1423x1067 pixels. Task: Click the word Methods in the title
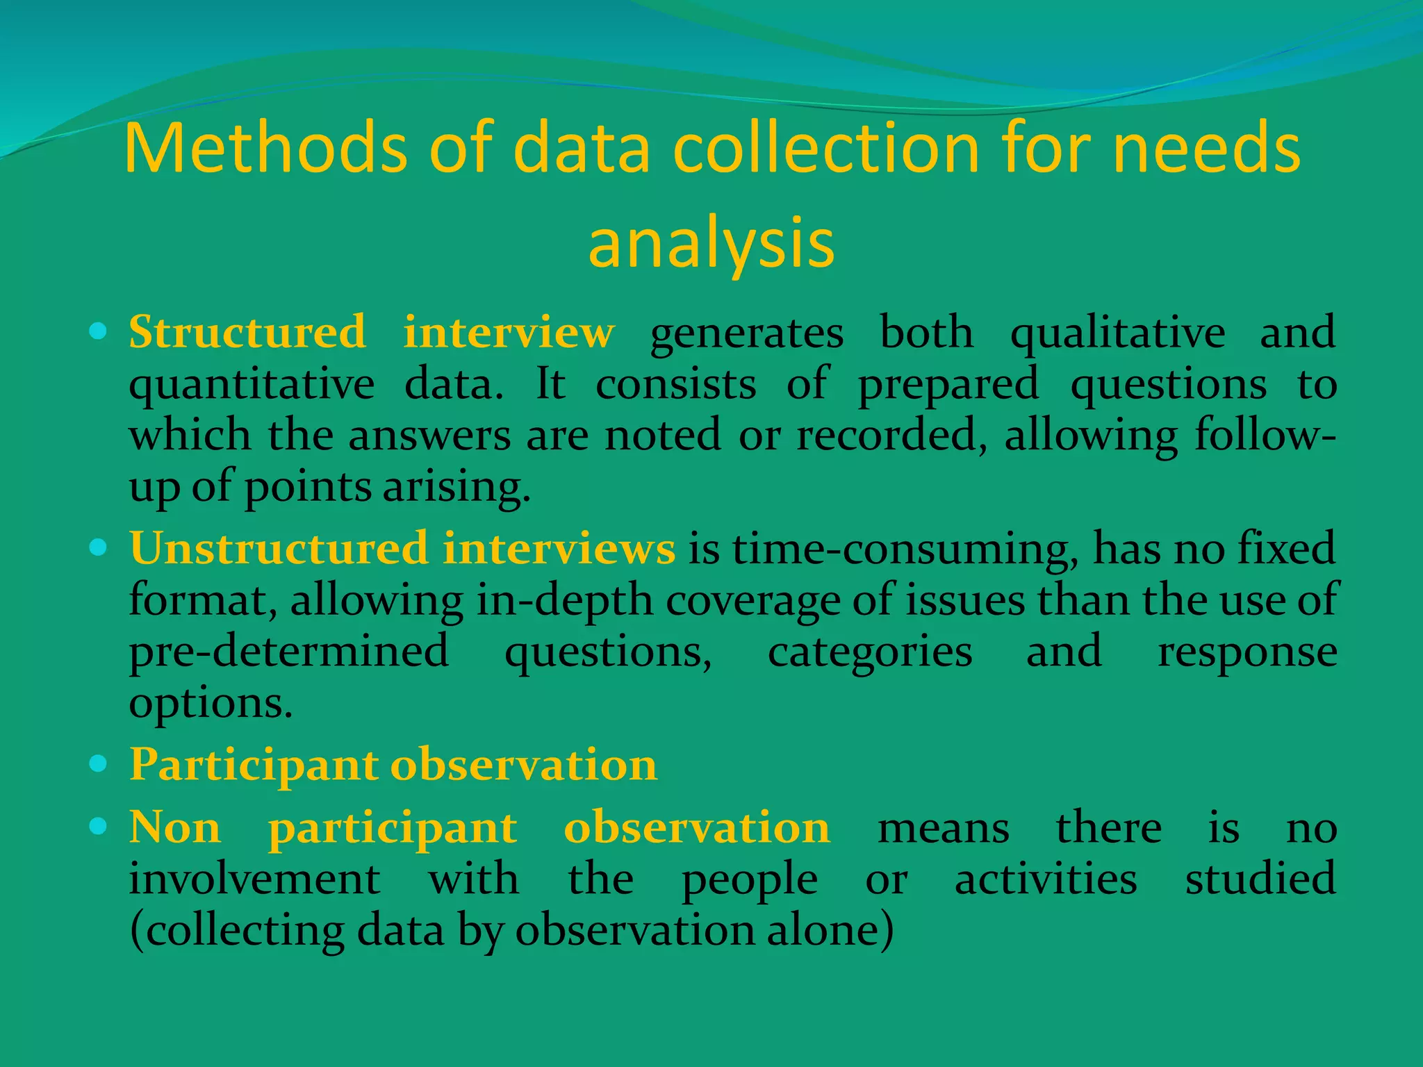pos(266,148)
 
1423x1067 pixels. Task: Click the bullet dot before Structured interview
pos(98,332)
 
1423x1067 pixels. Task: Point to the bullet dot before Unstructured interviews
pos(98,548)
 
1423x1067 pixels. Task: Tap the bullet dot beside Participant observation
pos(98,765)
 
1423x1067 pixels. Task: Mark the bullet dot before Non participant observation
pos(98,827)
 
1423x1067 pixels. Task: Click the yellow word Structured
pos(247,332)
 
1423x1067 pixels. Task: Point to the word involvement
pos(254,879)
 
